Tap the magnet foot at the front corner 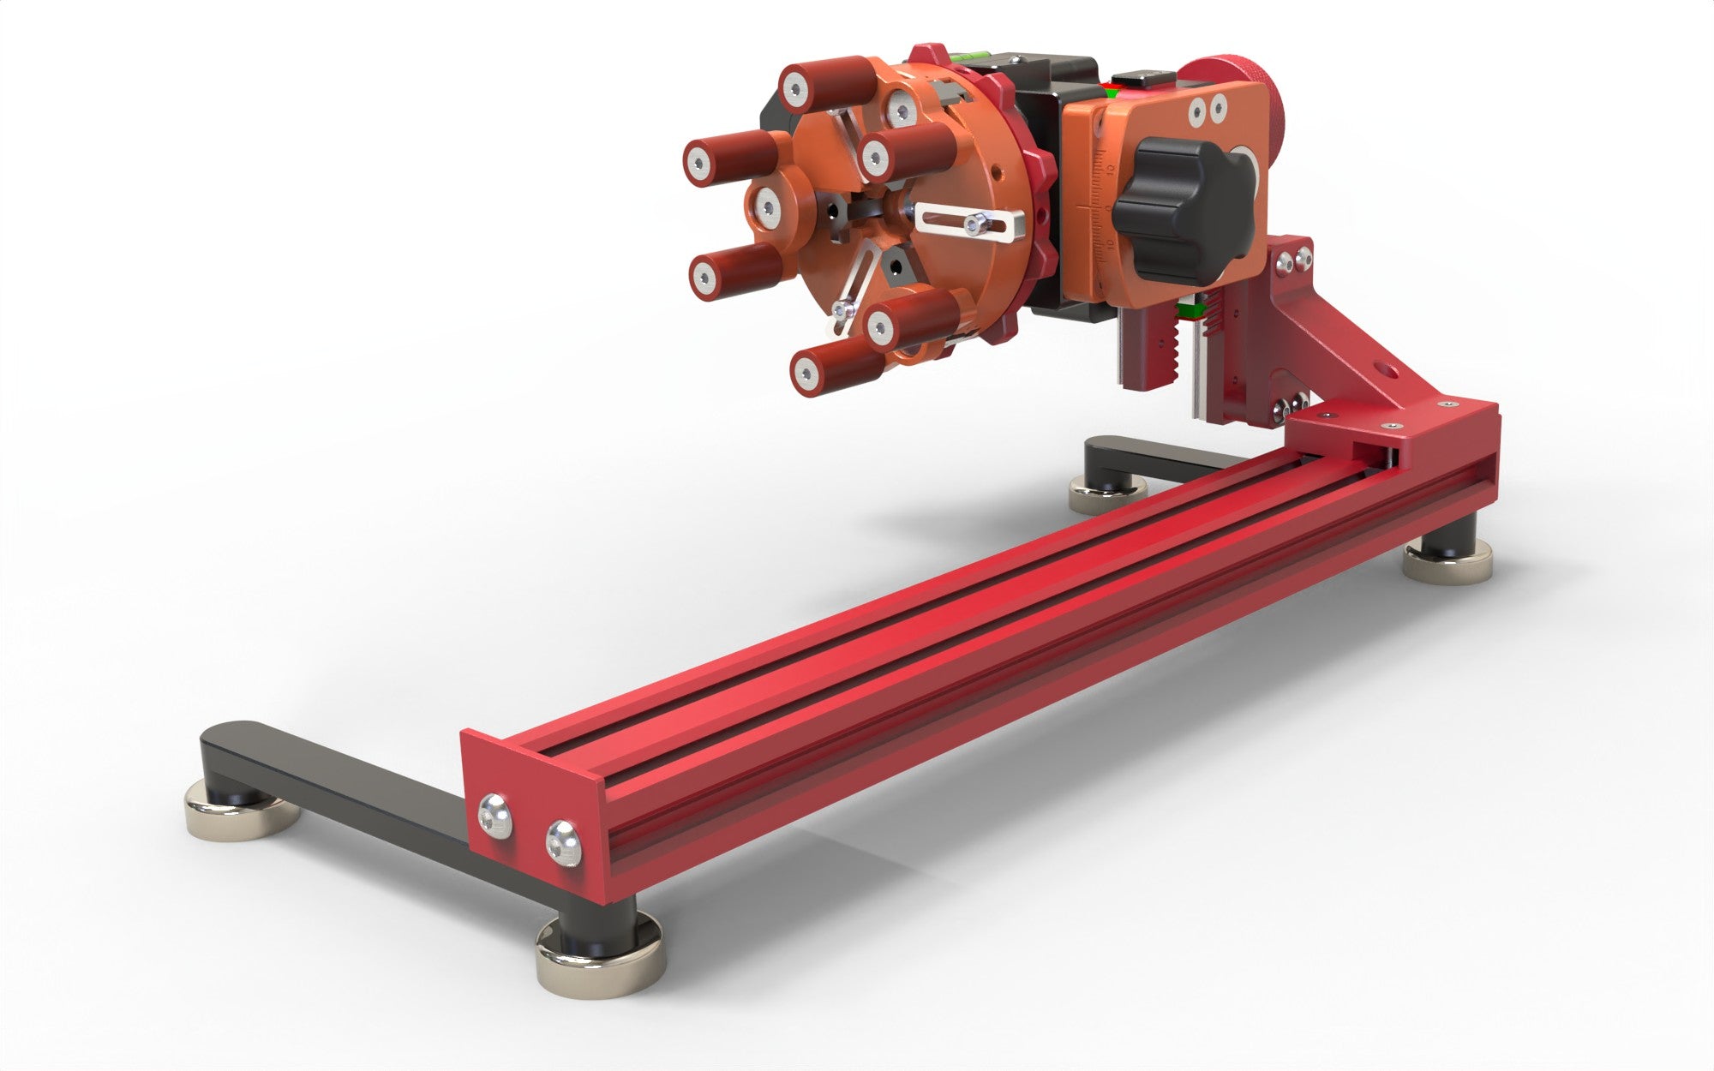[600, 956]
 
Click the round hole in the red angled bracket [1387, 372]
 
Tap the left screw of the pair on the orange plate [1194, 109]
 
